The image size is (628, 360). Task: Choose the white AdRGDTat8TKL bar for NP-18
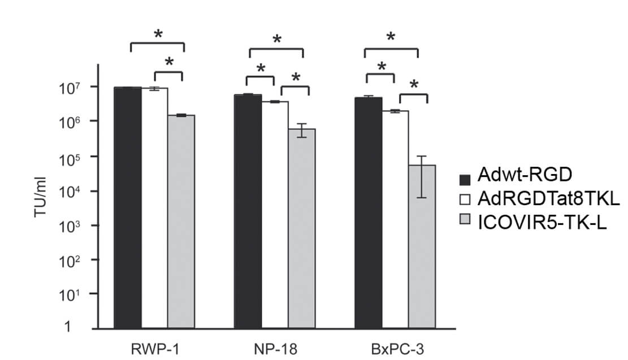point(275,215)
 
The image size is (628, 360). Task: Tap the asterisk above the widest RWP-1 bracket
point(158,34)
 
